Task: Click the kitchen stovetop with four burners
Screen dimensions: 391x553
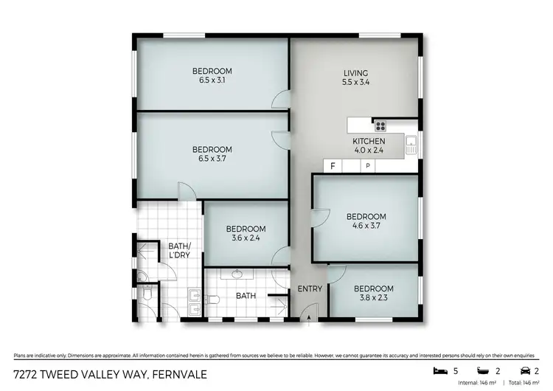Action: pos(380,125)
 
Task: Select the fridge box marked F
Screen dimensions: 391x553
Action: pos(333,167)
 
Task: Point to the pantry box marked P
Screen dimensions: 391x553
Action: pos(368,167)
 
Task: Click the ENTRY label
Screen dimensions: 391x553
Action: pos(310,288)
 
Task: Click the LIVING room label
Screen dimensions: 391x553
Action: pos(355,73)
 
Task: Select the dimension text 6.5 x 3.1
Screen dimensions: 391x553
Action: pos(212,80)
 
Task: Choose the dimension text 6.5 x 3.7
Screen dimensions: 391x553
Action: pos(212,159)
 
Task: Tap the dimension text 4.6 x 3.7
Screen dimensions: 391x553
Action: pos(366,226)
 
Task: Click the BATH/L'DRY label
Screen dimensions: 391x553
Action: pos(179,250)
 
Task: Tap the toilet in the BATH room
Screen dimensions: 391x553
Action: pos(214,300)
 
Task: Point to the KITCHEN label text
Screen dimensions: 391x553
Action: pos(369,141)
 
